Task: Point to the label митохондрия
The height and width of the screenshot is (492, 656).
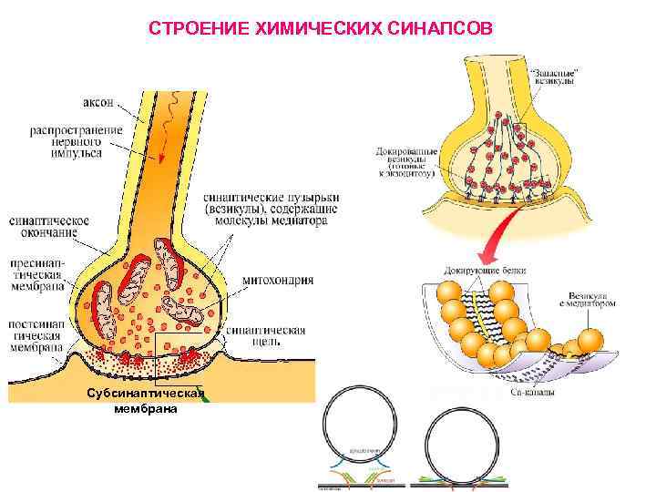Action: click(x=278, y=280)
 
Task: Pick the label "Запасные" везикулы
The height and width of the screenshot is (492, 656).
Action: click(x=554, y=76)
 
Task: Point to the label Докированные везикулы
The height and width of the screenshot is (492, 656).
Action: click(x=406, y=160)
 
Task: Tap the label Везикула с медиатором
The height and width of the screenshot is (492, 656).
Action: click(x=593, y=299)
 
